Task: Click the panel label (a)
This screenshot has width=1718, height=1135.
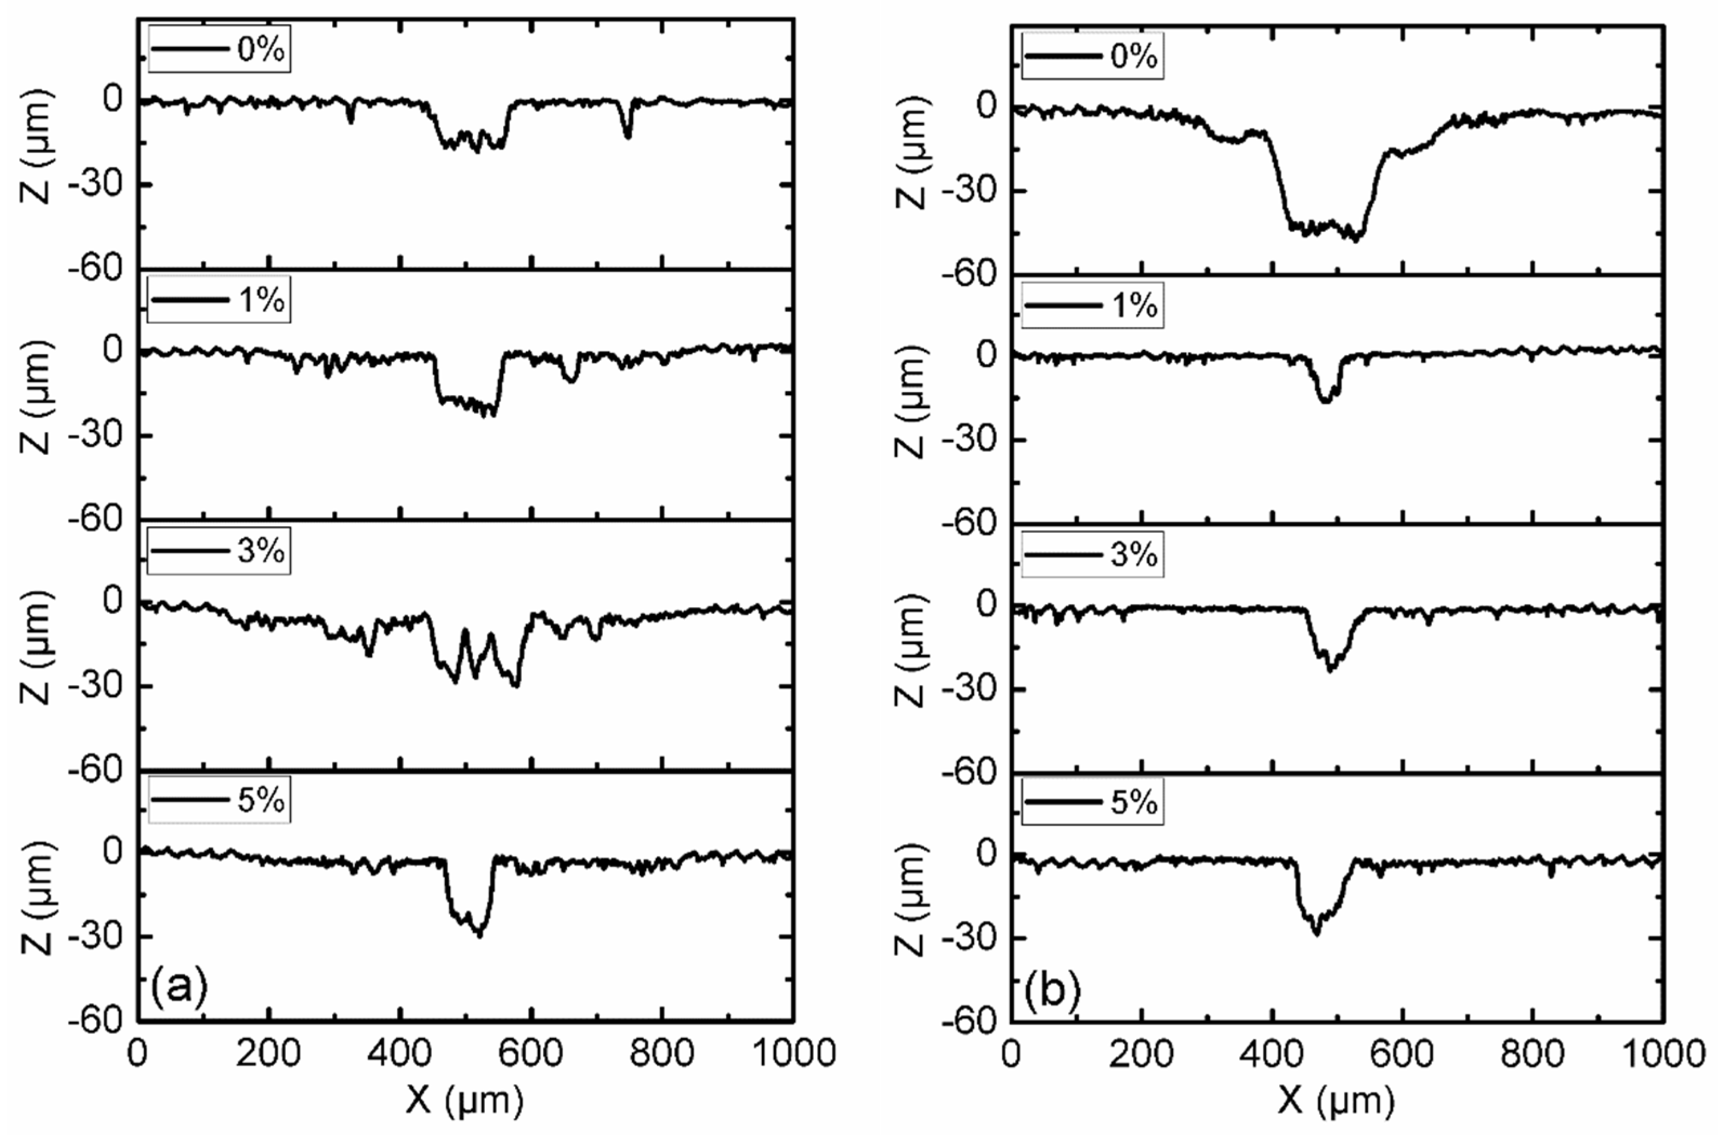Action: [179, 986]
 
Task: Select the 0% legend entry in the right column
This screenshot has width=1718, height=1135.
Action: [1092, 56]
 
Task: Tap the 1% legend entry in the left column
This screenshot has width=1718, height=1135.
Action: [219, 300]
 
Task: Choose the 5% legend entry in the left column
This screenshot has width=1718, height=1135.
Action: [219, 801]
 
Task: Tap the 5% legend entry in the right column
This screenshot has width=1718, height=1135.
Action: [1092, 803]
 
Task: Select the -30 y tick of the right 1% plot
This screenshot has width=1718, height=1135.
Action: [969, 440]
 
